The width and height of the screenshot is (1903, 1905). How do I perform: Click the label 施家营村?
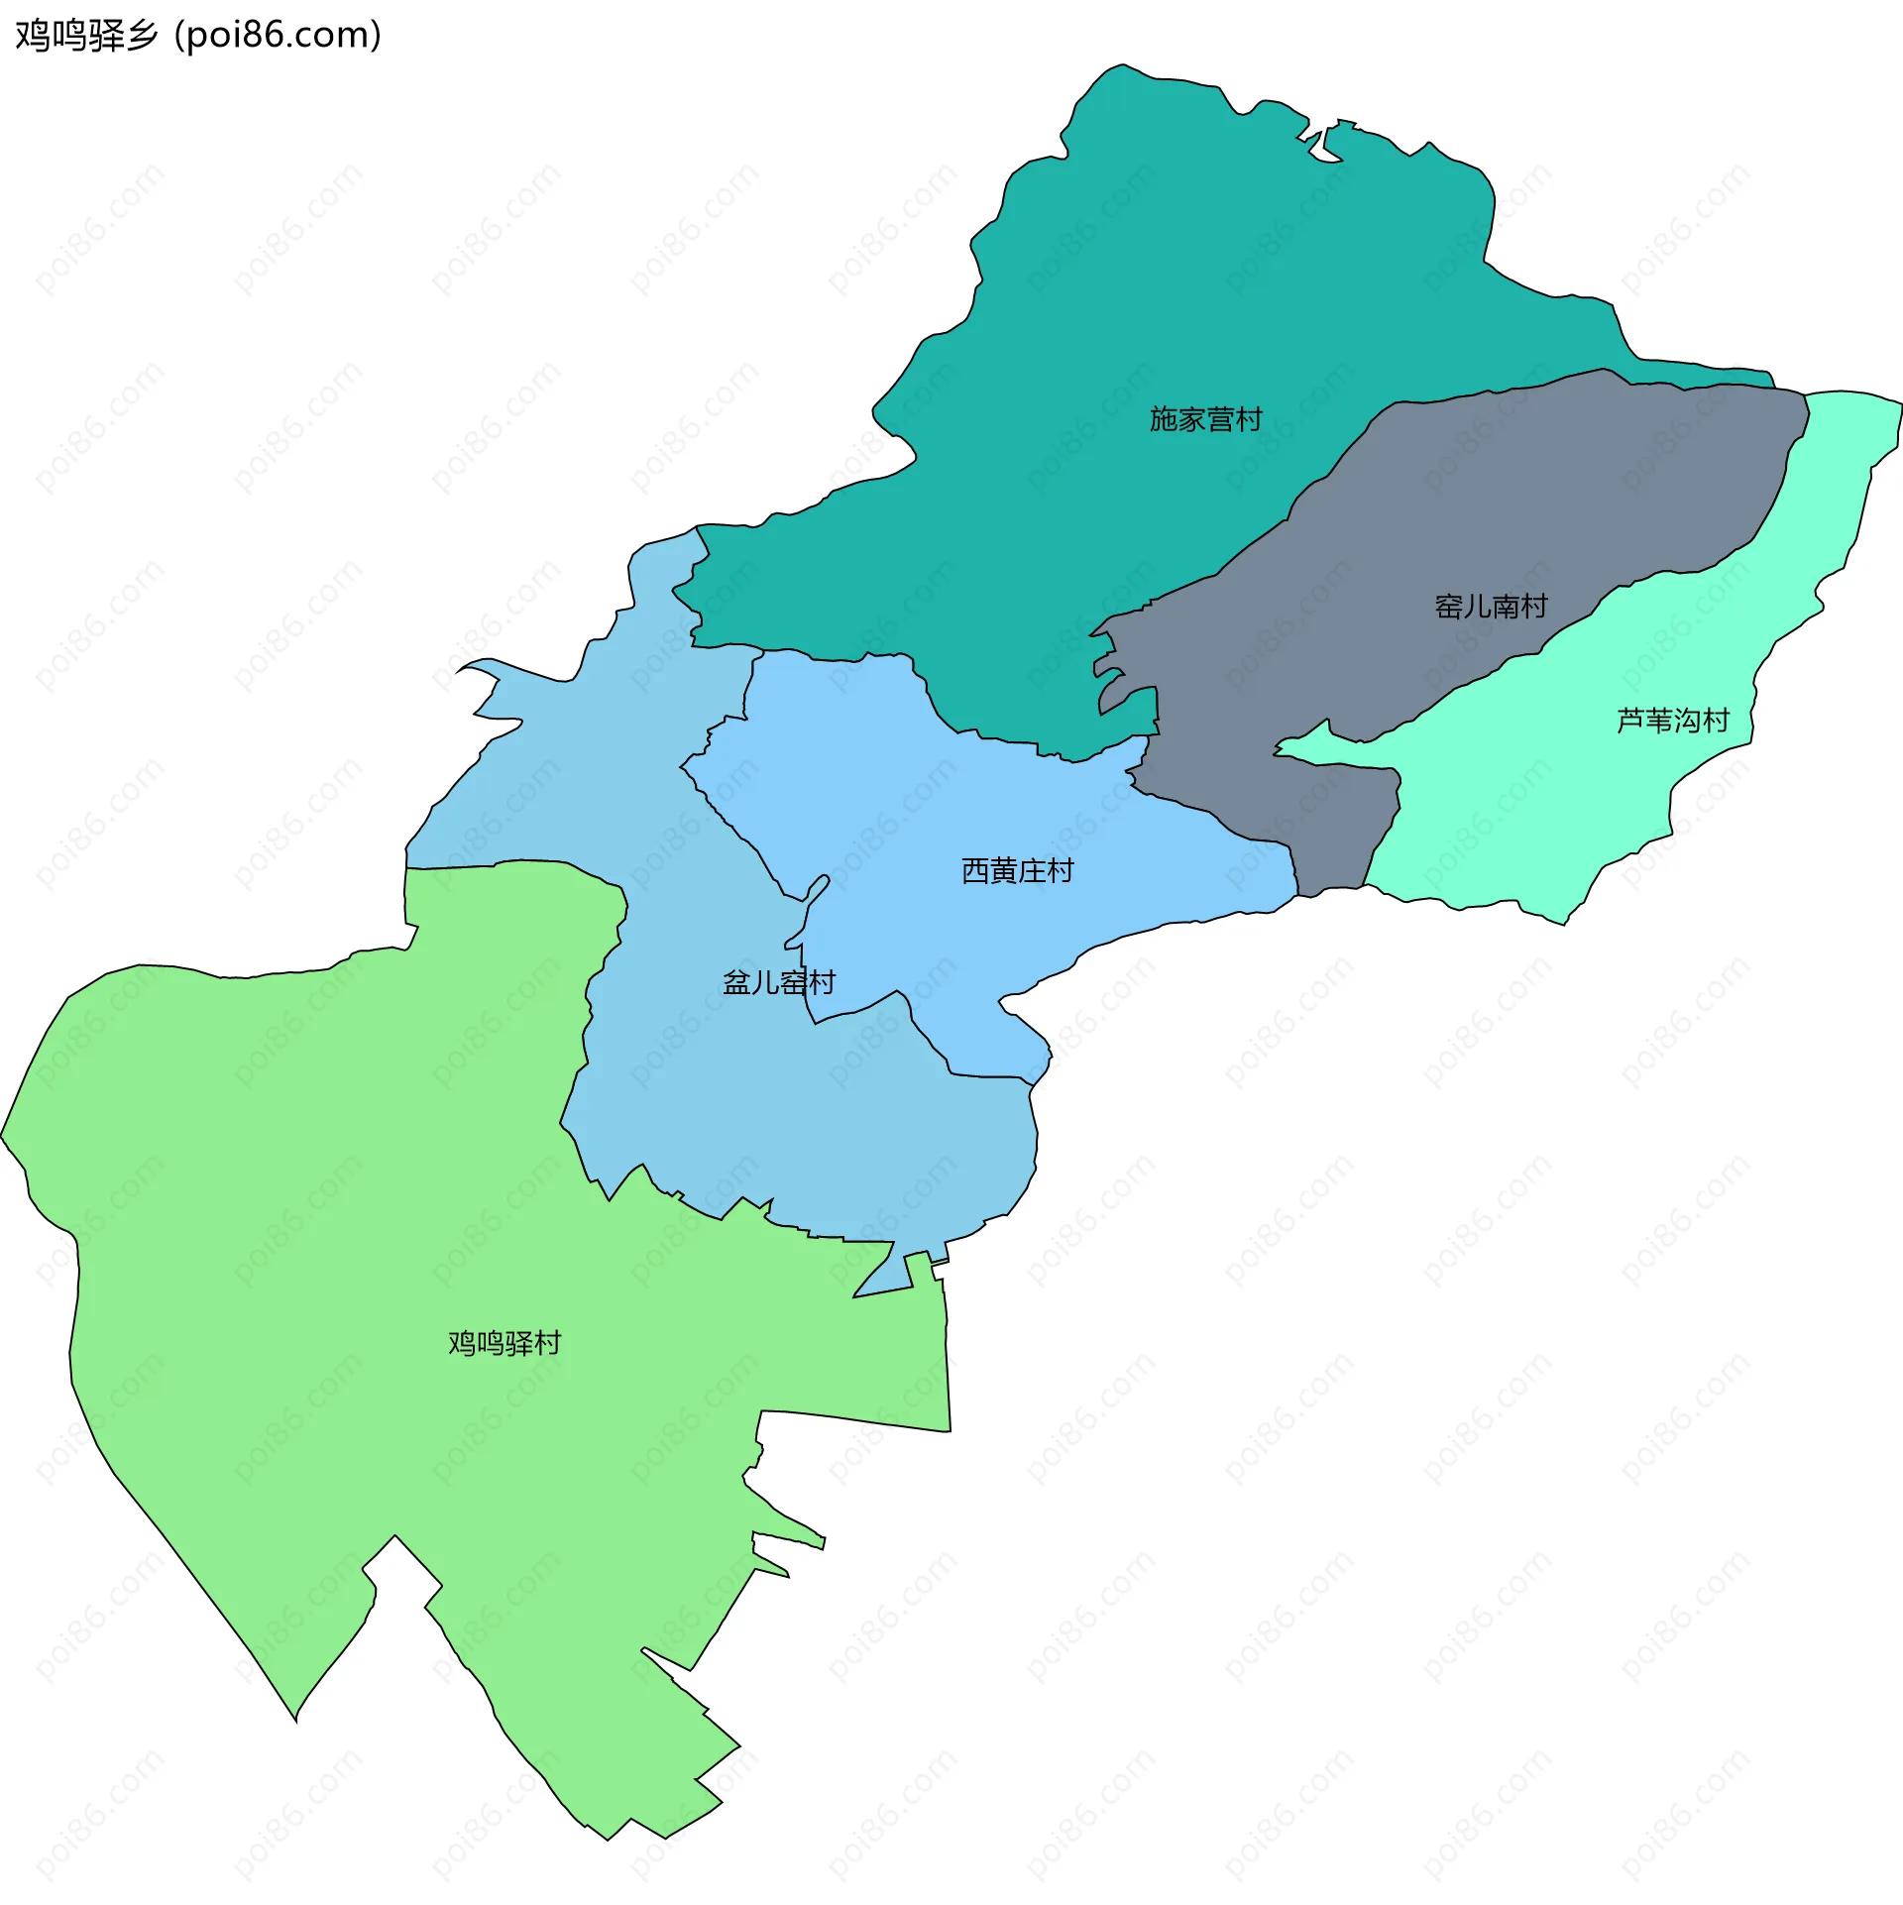1205,419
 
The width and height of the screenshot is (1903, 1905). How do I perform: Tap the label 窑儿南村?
1491,606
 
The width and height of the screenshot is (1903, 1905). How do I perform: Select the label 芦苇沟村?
1673,720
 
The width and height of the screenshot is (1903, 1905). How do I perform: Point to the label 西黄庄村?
1018,870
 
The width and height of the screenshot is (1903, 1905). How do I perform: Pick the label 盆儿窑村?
779,982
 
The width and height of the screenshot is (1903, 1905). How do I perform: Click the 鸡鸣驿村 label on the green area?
504,1343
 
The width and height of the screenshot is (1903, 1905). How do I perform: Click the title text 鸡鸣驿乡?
87,36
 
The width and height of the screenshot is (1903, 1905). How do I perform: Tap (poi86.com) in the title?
278,36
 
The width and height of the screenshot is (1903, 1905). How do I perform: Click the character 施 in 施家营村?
1163,419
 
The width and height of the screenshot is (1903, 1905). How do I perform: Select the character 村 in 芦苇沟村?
1716,720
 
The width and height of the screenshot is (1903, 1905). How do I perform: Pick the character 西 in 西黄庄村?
975,870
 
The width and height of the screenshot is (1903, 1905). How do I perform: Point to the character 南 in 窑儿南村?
1505,606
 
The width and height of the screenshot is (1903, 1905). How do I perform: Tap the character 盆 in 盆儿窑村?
736,982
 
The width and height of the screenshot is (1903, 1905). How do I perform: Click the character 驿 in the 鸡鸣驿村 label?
518,1343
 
